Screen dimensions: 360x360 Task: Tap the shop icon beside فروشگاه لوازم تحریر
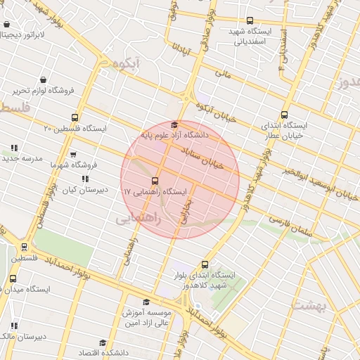pyautogui.click(x=45, y=79)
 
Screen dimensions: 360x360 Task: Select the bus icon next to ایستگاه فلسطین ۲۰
pyautogui.click(x=75, y=118)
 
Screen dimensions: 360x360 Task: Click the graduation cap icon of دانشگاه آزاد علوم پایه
pyautogui.click(x=175, y=124)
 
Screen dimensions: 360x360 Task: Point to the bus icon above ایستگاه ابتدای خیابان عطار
pyautogui.click(x=284, y=115)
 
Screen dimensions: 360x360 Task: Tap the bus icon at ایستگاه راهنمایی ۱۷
pyautogui.click(x=155, y=181)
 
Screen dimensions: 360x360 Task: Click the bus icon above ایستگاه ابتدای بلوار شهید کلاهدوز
pyautogui.click(x=205, y=265)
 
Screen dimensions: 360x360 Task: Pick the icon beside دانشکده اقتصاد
pyautogui.click(x=103, y=342)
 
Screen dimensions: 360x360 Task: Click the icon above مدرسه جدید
pyautogui.click(x=14, y=148)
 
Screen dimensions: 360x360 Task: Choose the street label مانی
pyautogui.click(x=224, y=72)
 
